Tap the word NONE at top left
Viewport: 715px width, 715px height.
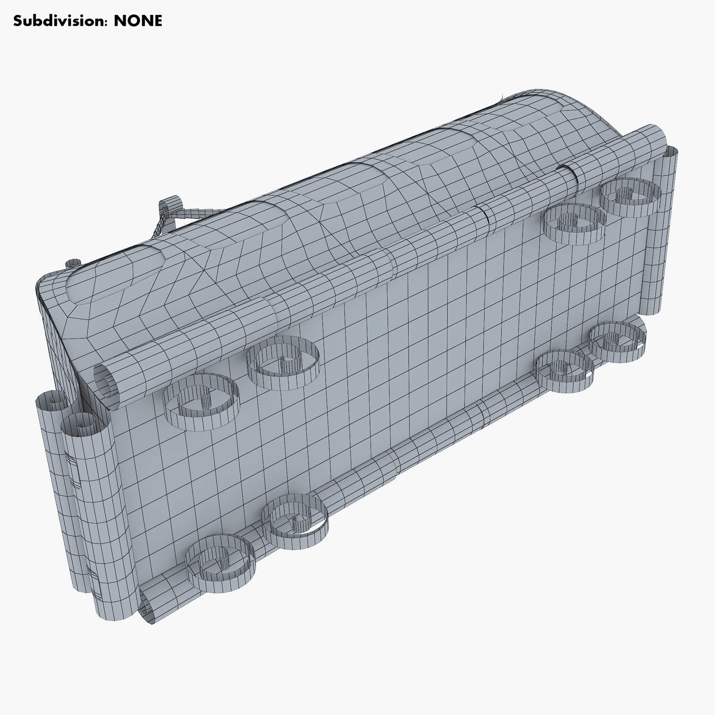(x=138, y=21)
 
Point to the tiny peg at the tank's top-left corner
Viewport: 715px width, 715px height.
(x=71, y=264)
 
